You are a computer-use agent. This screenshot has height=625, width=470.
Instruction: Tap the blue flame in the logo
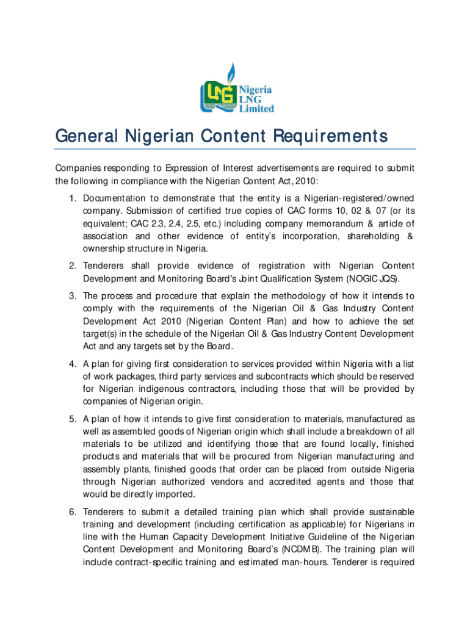pos(230,73)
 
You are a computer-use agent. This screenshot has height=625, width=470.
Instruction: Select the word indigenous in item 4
pos(164,389)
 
